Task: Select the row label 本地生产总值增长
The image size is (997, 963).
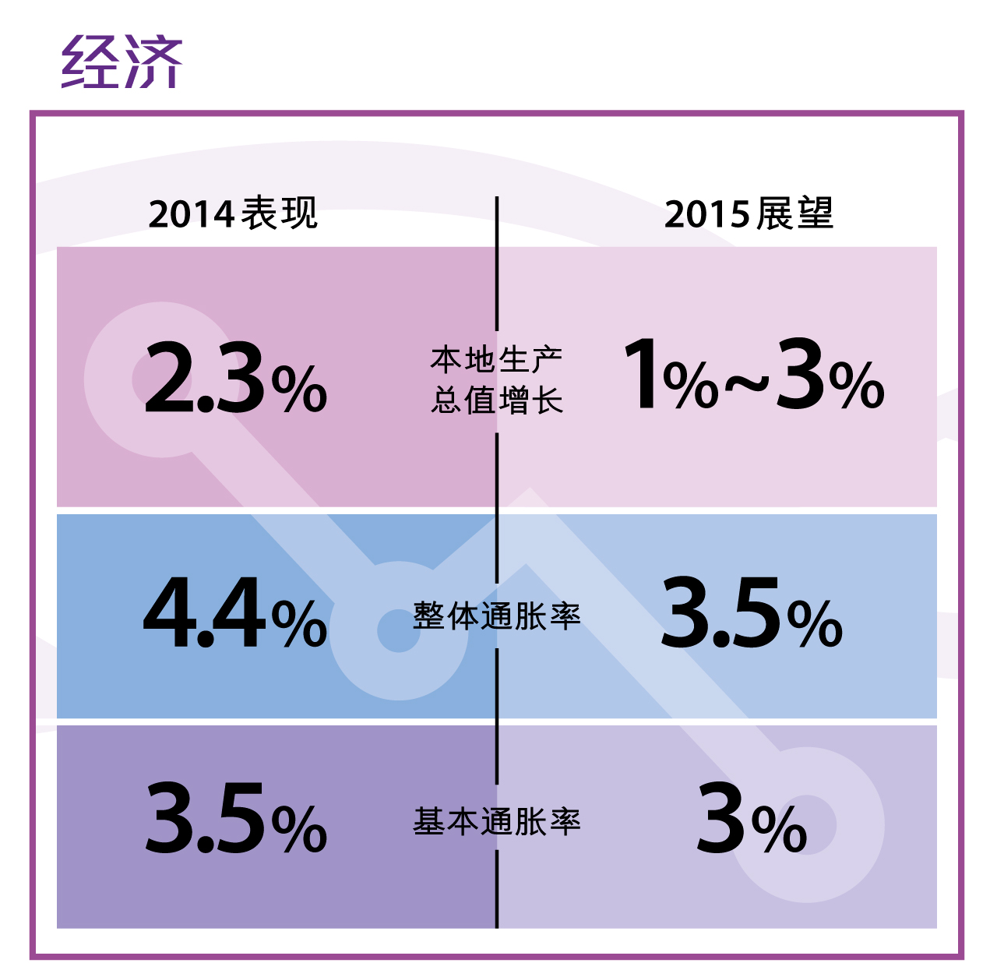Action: (497, 380)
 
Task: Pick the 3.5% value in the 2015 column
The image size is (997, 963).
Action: (752, 615)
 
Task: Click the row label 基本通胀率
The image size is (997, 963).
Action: (497, 822)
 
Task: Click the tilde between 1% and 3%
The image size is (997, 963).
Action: (747, 383)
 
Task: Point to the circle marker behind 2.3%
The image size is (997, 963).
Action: (161, 379)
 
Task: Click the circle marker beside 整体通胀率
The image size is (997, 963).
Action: (399, 630)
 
